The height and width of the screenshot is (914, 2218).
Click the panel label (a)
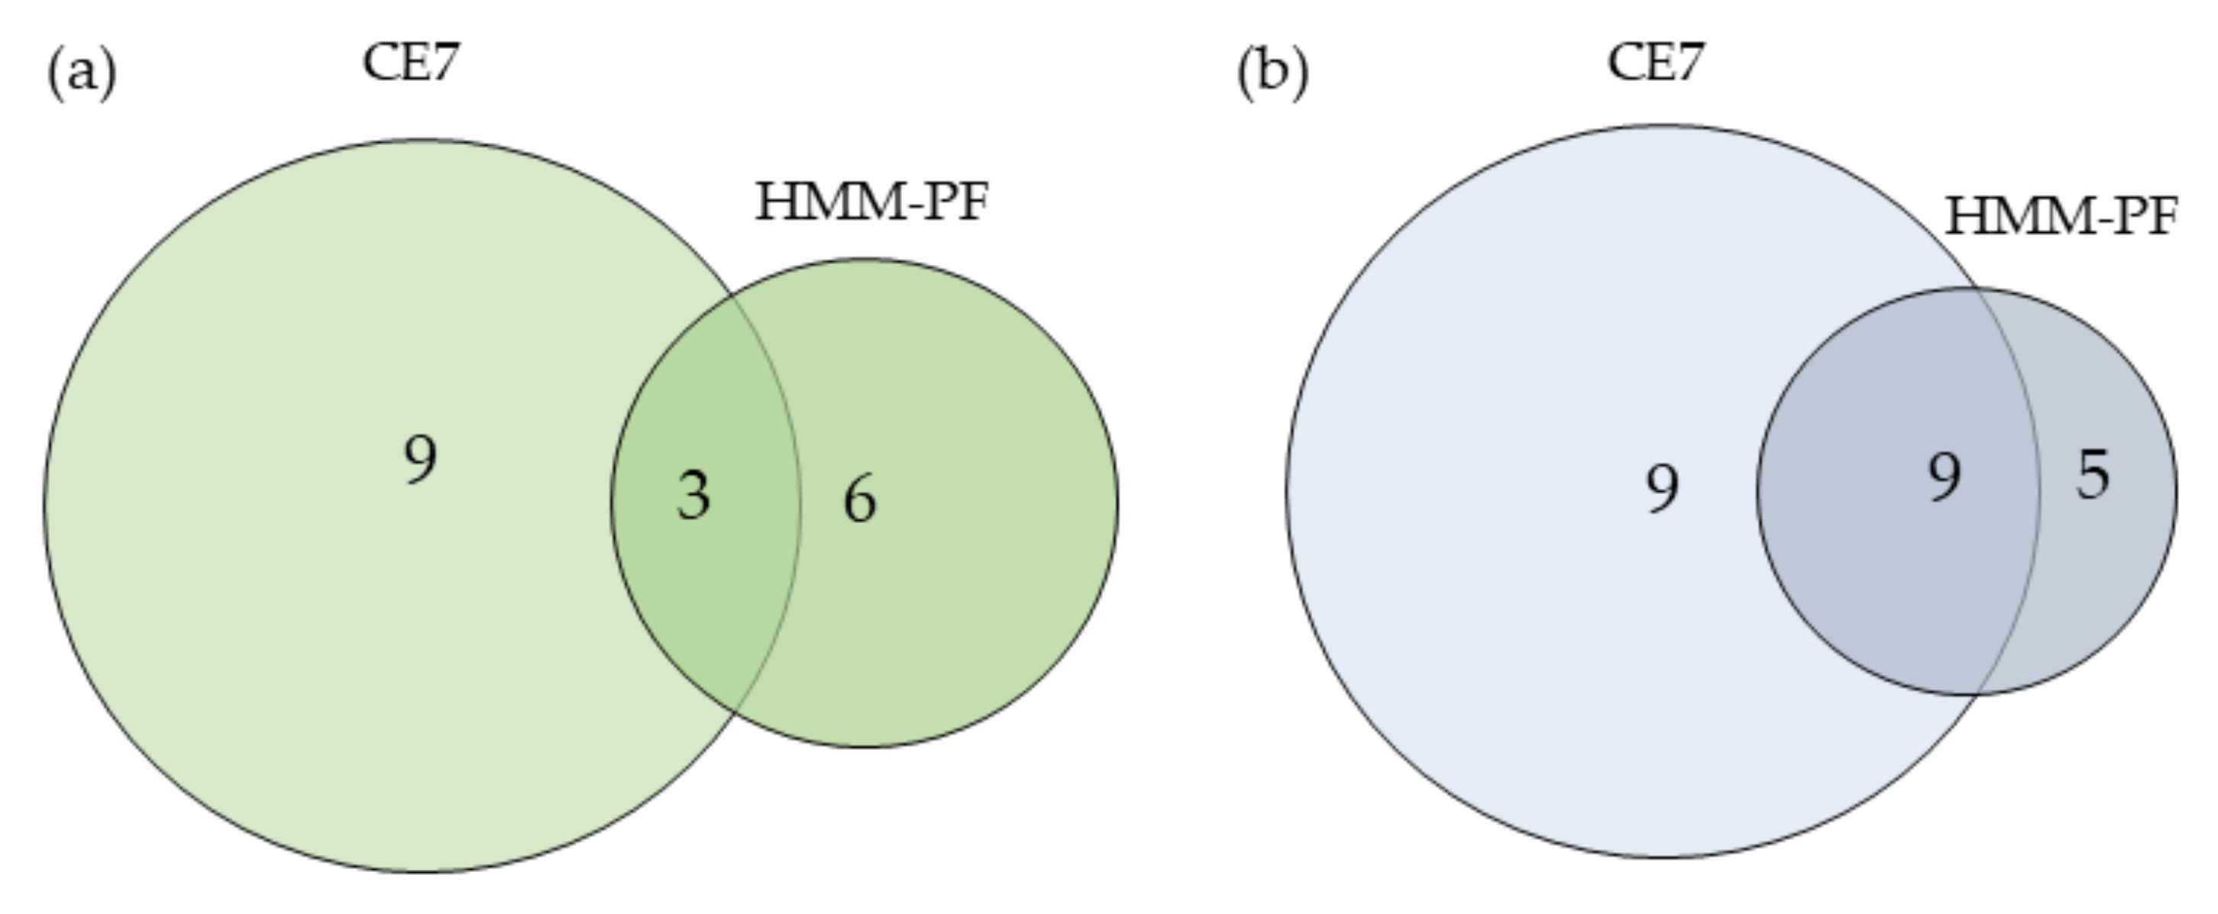tap(82, 73)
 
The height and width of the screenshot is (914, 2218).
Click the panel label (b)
tap(1272, 73)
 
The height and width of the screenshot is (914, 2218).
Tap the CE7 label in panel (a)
tap(412, 63)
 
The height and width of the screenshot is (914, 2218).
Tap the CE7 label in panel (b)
tap(1656, 63)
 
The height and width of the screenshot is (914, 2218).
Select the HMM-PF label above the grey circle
tap(2061, 218)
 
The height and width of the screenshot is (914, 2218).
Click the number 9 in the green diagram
tap(420, 460)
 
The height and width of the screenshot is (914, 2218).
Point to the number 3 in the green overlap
tap(694, 496)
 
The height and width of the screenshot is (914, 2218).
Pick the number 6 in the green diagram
tap(860, 500)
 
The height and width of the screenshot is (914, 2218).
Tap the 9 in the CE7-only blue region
tap(1663, 488)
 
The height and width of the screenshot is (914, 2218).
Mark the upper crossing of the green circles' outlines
tap(732, 296)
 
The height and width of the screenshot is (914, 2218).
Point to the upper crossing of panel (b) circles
tap(1977, 289)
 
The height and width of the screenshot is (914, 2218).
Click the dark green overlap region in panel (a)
tap(706, 585)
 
